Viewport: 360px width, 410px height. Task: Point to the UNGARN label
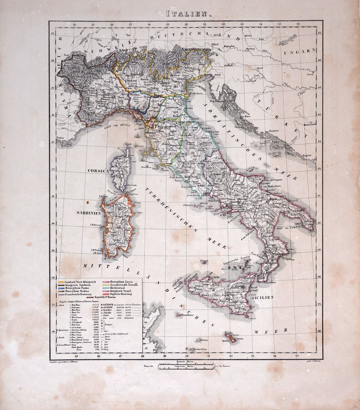pos(300,51)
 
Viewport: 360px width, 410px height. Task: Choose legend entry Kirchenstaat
pos(118,290)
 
